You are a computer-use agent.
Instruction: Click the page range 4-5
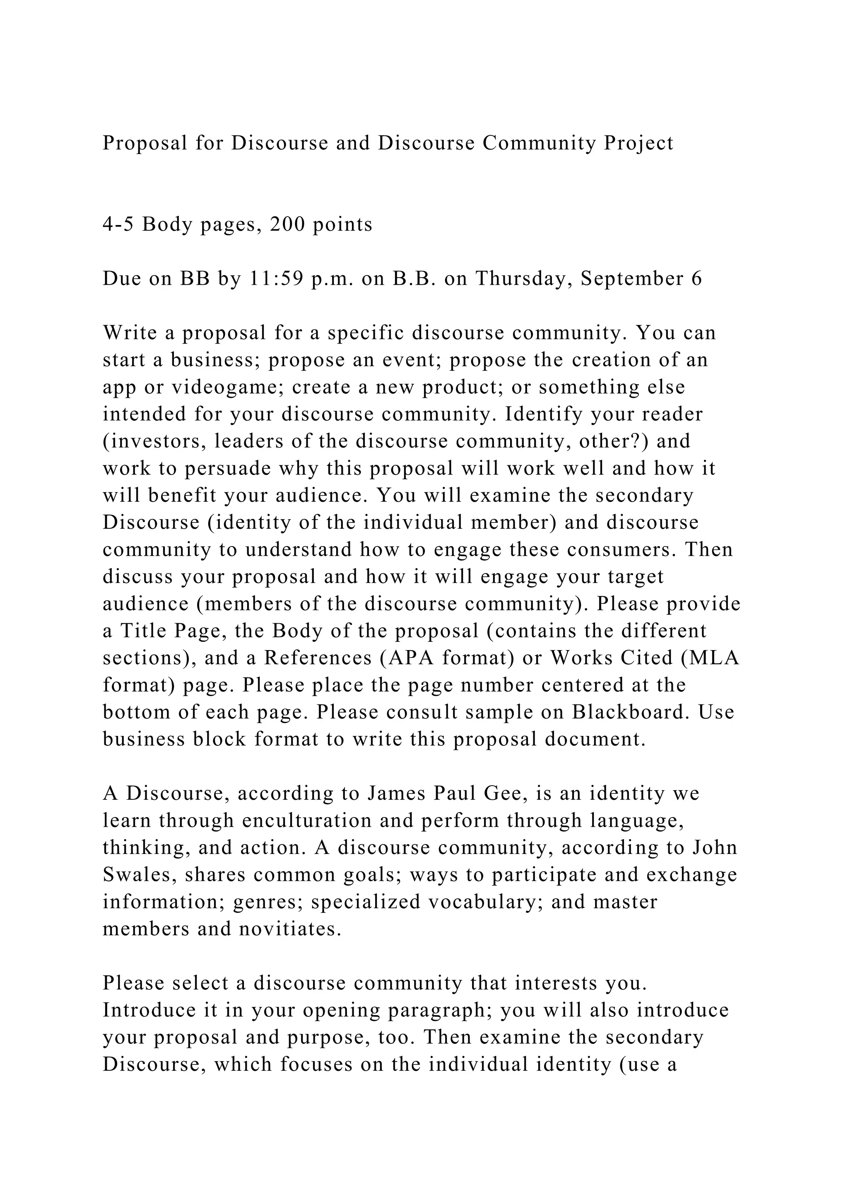click(x=118, y=224)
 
